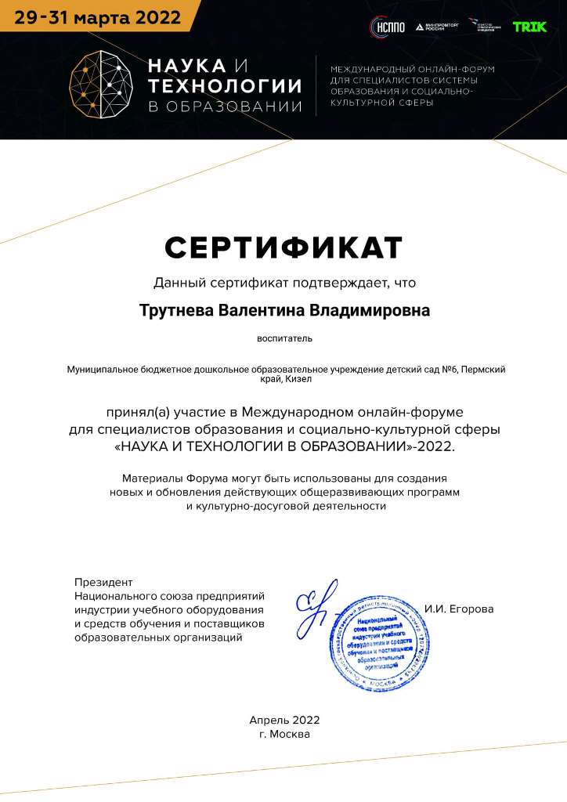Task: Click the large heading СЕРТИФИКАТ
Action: [x=283, y=247]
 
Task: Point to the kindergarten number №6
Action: [x=445, y=369]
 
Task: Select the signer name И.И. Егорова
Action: [x=460, y=609]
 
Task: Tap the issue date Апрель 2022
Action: [x=284, y=720]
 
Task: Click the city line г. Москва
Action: [x=284, y=735]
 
